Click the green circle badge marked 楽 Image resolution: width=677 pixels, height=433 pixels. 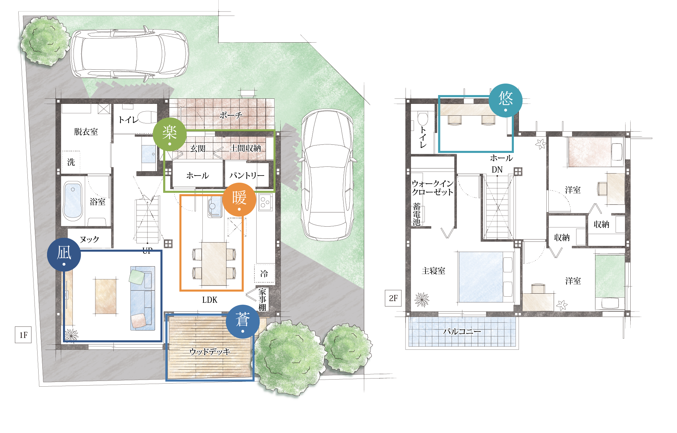(x=170, y=134)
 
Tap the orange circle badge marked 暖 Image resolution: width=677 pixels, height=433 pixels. (x=239, y=200)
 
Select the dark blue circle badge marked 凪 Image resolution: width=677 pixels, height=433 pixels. (x=64, y=254)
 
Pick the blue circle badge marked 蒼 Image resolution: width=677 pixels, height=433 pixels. (x=243, y=321)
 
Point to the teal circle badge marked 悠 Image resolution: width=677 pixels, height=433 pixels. (x=506, y=100)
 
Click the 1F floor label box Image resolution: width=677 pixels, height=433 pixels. (x=23, y=335)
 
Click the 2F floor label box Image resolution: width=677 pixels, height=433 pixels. (x=393, y=298)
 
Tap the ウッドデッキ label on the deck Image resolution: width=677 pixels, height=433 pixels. (x=210, y=351)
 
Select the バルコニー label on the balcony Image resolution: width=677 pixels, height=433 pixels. (x=462, y=331)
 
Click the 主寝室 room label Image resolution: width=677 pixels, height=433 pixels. (x=433, y=271)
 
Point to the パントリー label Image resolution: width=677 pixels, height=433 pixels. (x=247, y=175)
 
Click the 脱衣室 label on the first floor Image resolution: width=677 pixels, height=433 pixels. (x=86, y=132)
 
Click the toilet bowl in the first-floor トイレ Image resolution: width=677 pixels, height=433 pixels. (x=148, y=117)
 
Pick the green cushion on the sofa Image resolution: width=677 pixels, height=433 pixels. (x=137, y=276)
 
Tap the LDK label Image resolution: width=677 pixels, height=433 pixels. (x=210, y=300)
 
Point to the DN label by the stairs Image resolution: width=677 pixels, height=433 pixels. (x=497, y=169)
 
